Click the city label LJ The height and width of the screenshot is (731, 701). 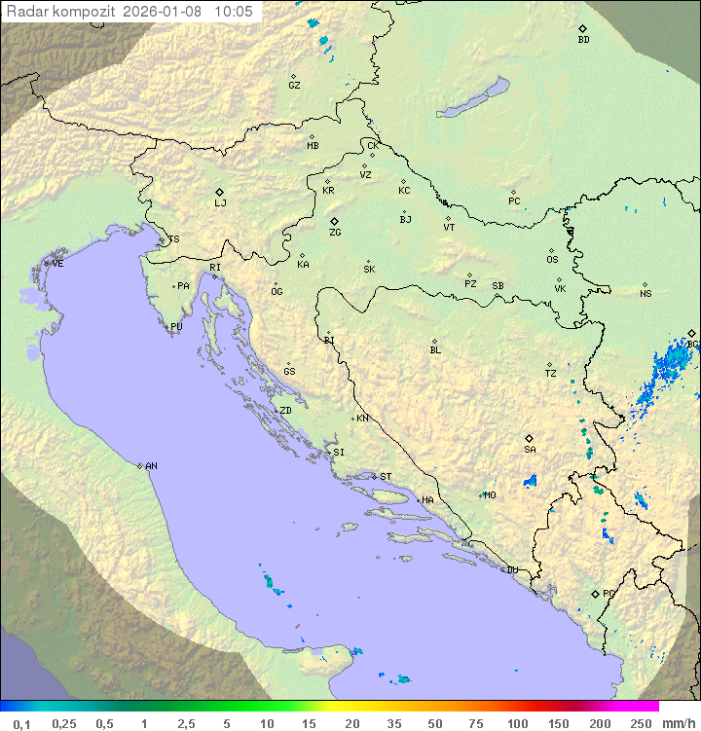pos(220,203)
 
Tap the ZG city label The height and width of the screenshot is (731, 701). pos(335,233)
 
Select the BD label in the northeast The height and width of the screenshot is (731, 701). pos(583,40)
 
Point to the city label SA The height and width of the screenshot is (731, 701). pos(530,450)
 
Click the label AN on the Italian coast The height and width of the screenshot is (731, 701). pos(151,466)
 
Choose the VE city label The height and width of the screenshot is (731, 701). pos(57,264)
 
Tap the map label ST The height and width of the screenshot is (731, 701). pos(386,477)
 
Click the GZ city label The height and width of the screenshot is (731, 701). pos(294,86)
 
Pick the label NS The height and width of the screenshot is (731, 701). pos(646,294)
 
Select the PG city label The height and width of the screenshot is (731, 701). pos(609,593)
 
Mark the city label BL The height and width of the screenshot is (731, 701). pos(435,350)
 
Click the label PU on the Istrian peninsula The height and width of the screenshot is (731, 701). pos(176,327)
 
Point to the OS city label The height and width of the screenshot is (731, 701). pos(552,260)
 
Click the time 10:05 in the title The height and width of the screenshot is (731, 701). pos(234,12)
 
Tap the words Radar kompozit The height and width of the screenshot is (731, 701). pos(62,12)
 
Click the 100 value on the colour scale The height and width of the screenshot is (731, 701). pos(517,723)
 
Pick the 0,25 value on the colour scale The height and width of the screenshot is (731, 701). pos(64,723)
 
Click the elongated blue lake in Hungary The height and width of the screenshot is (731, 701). pos(472,98)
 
